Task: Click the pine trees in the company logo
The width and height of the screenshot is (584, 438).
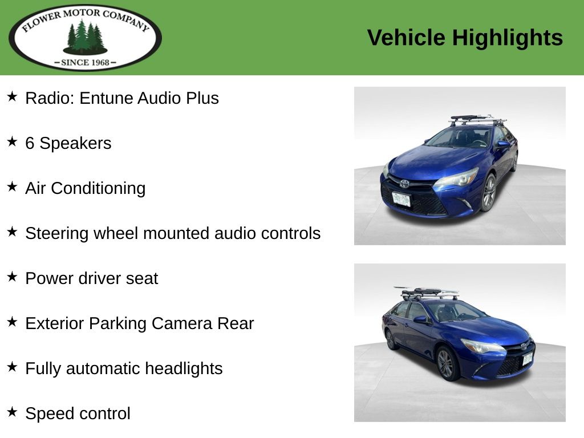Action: pyautogui.click(x=86, y=37)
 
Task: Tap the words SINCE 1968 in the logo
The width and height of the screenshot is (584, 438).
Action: pyautogui.click(x=86, y=63)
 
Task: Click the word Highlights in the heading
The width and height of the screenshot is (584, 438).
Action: pyautogui.click(x=507, y=38)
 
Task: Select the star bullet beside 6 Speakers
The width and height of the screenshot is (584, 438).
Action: pyautogui.click(x=12, y=141)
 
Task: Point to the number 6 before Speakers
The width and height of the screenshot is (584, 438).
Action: pyautogui.click(x=30, y=143)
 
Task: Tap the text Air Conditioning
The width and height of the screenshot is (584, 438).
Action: pyautogui.click(x=86, y=188)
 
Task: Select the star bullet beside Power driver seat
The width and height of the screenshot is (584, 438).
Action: pyautogui.click(x=12, y=277)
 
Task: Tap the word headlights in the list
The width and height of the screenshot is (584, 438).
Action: pyautogui.click(x=184, y=368)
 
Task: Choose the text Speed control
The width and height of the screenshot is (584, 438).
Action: pyautogui.click(x=78, y=413)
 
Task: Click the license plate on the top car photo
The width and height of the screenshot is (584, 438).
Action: pyautogui.click(x=401, y=199)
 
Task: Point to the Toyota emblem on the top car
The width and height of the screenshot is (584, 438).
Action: pyautogui.click(x=404, y=183)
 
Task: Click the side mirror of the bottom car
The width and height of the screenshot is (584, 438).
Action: pyautogui.click(x=421, y=319)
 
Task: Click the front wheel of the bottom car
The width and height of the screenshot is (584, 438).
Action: pyautogui.click(x=445, y=364)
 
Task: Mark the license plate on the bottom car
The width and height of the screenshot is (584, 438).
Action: pyautogui.click(x=528, y=359)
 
